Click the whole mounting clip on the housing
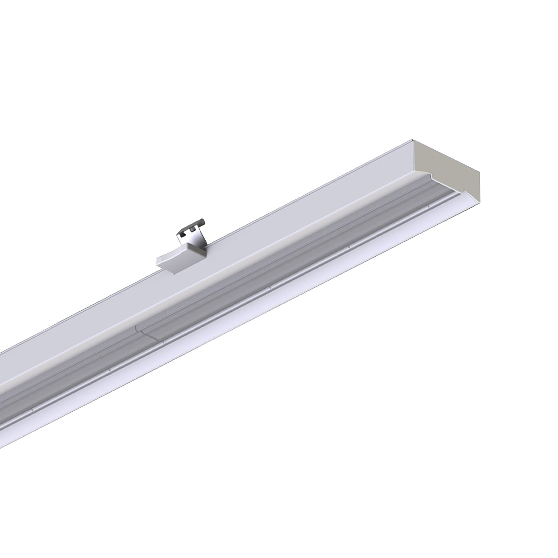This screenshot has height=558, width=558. click(182, 246)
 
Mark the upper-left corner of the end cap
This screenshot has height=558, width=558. click(413, 140)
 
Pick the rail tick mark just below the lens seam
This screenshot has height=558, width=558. click(163, 339)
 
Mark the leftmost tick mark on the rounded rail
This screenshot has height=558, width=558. click(33, 408)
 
